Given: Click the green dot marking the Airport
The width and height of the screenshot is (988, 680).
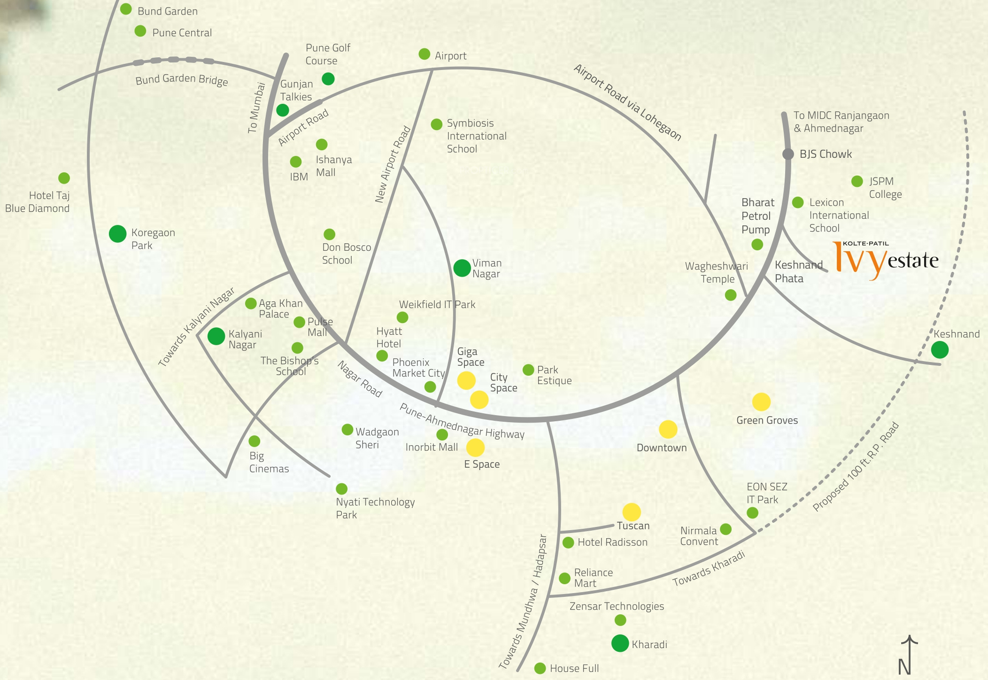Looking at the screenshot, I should point(424,54).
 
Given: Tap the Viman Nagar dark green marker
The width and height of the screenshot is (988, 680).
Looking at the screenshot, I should point(462,268).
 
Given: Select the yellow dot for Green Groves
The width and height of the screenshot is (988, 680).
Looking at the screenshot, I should point(761,402).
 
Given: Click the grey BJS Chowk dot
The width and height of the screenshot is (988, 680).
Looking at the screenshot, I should point(788,154).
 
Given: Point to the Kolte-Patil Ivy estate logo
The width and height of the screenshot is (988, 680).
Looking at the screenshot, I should point(886,260).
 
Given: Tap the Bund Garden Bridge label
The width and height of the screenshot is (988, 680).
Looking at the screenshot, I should point(182,79).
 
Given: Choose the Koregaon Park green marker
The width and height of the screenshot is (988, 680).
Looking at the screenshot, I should point(117,233).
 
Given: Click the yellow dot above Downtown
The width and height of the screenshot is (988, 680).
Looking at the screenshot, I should point(668,429).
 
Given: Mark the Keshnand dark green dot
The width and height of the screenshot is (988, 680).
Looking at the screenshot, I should point(940,350).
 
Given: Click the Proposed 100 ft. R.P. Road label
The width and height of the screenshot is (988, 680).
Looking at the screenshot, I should point(856,467).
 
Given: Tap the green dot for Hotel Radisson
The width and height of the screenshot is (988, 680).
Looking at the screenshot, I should point(568,542).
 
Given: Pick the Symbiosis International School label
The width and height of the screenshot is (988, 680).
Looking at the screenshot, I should point(476,136).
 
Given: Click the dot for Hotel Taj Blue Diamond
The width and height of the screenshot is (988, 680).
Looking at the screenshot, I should point(64,178).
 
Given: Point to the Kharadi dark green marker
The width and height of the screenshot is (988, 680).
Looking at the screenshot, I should point(620,643).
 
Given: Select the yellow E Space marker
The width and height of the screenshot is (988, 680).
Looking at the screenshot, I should point(475,448).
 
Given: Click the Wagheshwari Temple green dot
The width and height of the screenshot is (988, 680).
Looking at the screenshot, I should point(731,295).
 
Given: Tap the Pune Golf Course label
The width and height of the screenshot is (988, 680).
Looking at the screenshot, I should point(327,54).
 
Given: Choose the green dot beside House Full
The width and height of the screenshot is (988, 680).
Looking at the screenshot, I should point(540,668).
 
